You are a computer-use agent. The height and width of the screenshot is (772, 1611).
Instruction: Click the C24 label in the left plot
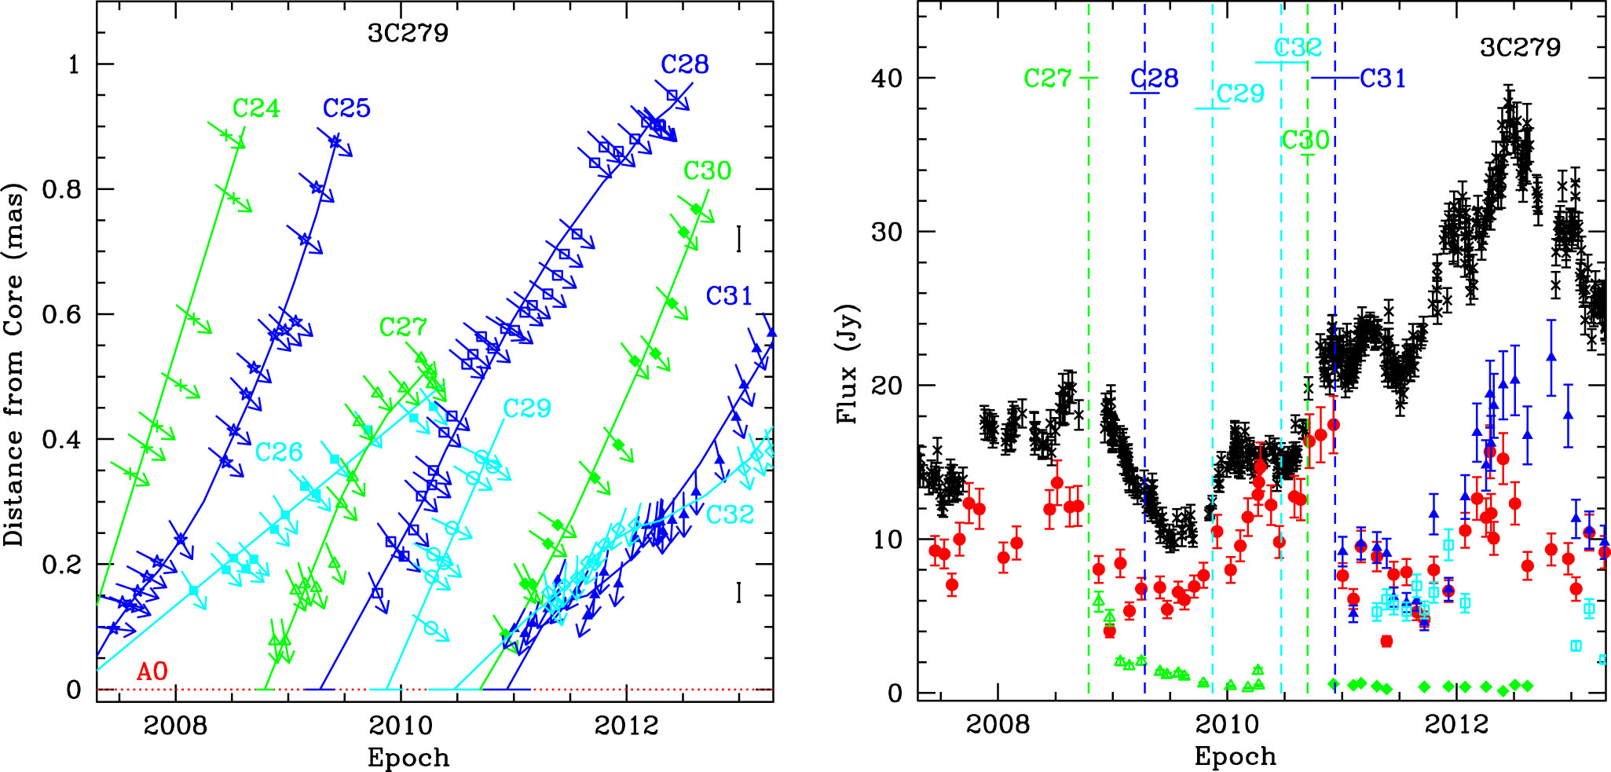point(256,108)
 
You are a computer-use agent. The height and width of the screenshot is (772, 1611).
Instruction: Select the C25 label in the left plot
point(346,108)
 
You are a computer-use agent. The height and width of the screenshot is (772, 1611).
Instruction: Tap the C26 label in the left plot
point(279,452)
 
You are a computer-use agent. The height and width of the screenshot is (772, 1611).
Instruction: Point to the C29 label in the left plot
point(527,408)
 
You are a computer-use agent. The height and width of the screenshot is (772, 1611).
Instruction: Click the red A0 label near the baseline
point(152,672)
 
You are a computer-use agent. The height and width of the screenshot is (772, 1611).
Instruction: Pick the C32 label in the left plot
point(730,515)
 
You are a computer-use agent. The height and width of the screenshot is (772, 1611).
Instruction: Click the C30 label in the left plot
point(707,170)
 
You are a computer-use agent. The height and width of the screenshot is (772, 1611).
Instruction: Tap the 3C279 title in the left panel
point(408,33)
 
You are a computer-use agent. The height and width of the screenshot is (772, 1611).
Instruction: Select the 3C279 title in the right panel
point(1520,47)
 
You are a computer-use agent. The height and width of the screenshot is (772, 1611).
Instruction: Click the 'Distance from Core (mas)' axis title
point(14,364)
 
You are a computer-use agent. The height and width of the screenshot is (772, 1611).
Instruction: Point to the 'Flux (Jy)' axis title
point(848,364)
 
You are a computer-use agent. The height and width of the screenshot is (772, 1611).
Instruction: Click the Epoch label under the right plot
point(1235,756)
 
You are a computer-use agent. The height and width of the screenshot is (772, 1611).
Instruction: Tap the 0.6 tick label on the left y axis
point(62,314)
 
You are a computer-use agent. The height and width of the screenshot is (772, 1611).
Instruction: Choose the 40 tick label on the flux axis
point(887,79)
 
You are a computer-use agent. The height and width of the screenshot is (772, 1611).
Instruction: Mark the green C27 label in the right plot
point(1047,79)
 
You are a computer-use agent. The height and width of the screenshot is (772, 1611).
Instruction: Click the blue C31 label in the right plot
point(1382,79)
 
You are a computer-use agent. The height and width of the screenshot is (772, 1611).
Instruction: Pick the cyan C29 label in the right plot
point(1240,94)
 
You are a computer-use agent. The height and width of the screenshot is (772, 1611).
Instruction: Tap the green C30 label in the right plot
point(1305,141)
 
